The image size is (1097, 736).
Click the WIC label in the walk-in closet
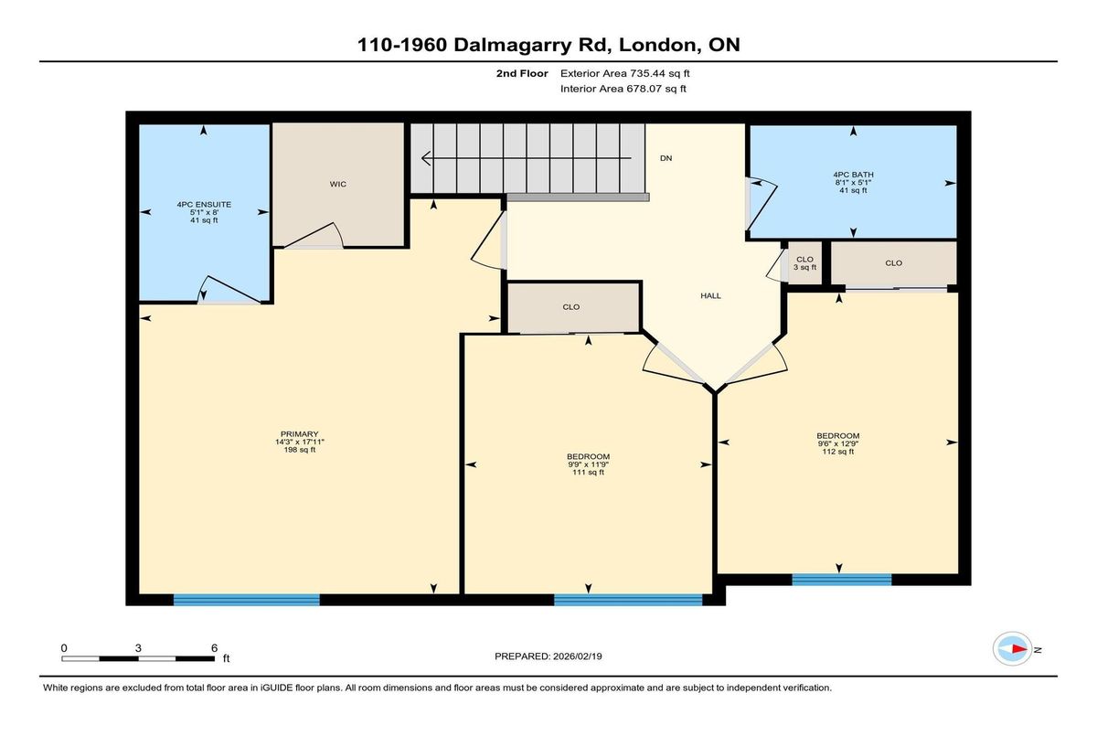(338, 184)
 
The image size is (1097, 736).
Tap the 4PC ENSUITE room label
(204, 205)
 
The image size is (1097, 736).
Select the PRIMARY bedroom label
(299, 434)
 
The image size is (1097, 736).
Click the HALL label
(710, 295)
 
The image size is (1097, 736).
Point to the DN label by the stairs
(666, 158)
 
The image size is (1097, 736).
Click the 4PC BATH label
(853, 175)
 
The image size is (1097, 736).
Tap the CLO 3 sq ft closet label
(804, 263)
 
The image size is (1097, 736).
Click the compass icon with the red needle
(1012, 649)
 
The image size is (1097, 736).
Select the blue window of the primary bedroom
(246, 600)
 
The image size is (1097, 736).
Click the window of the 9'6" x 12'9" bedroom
(841, 580)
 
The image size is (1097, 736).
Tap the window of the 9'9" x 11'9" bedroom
(628, 600)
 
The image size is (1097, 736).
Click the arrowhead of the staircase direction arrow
(426, 158)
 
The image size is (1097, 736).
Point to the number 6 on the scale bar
(214, 648)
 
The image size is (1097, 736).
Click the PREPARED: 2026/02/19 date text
(548, 656)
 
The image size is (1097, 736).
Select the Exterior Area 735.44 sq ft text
(625, 73)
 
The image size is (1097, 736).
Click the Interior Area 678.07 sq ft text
(623, 89)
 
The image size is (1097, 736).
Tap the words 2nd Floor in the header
(522, 73)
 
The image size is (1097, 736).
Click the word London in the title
(657, 45)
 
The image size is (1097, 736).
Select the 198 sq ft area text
(299, 450)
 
